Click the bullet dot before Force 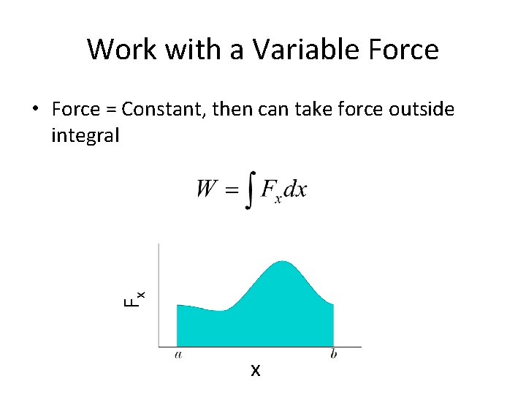34,110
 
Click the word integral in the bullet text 85,135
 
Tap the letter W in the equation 207,189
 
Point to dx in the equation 295,189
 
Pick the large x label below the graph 255,371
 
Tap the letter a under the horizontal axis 178,355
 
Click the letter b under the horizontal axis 333,355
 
